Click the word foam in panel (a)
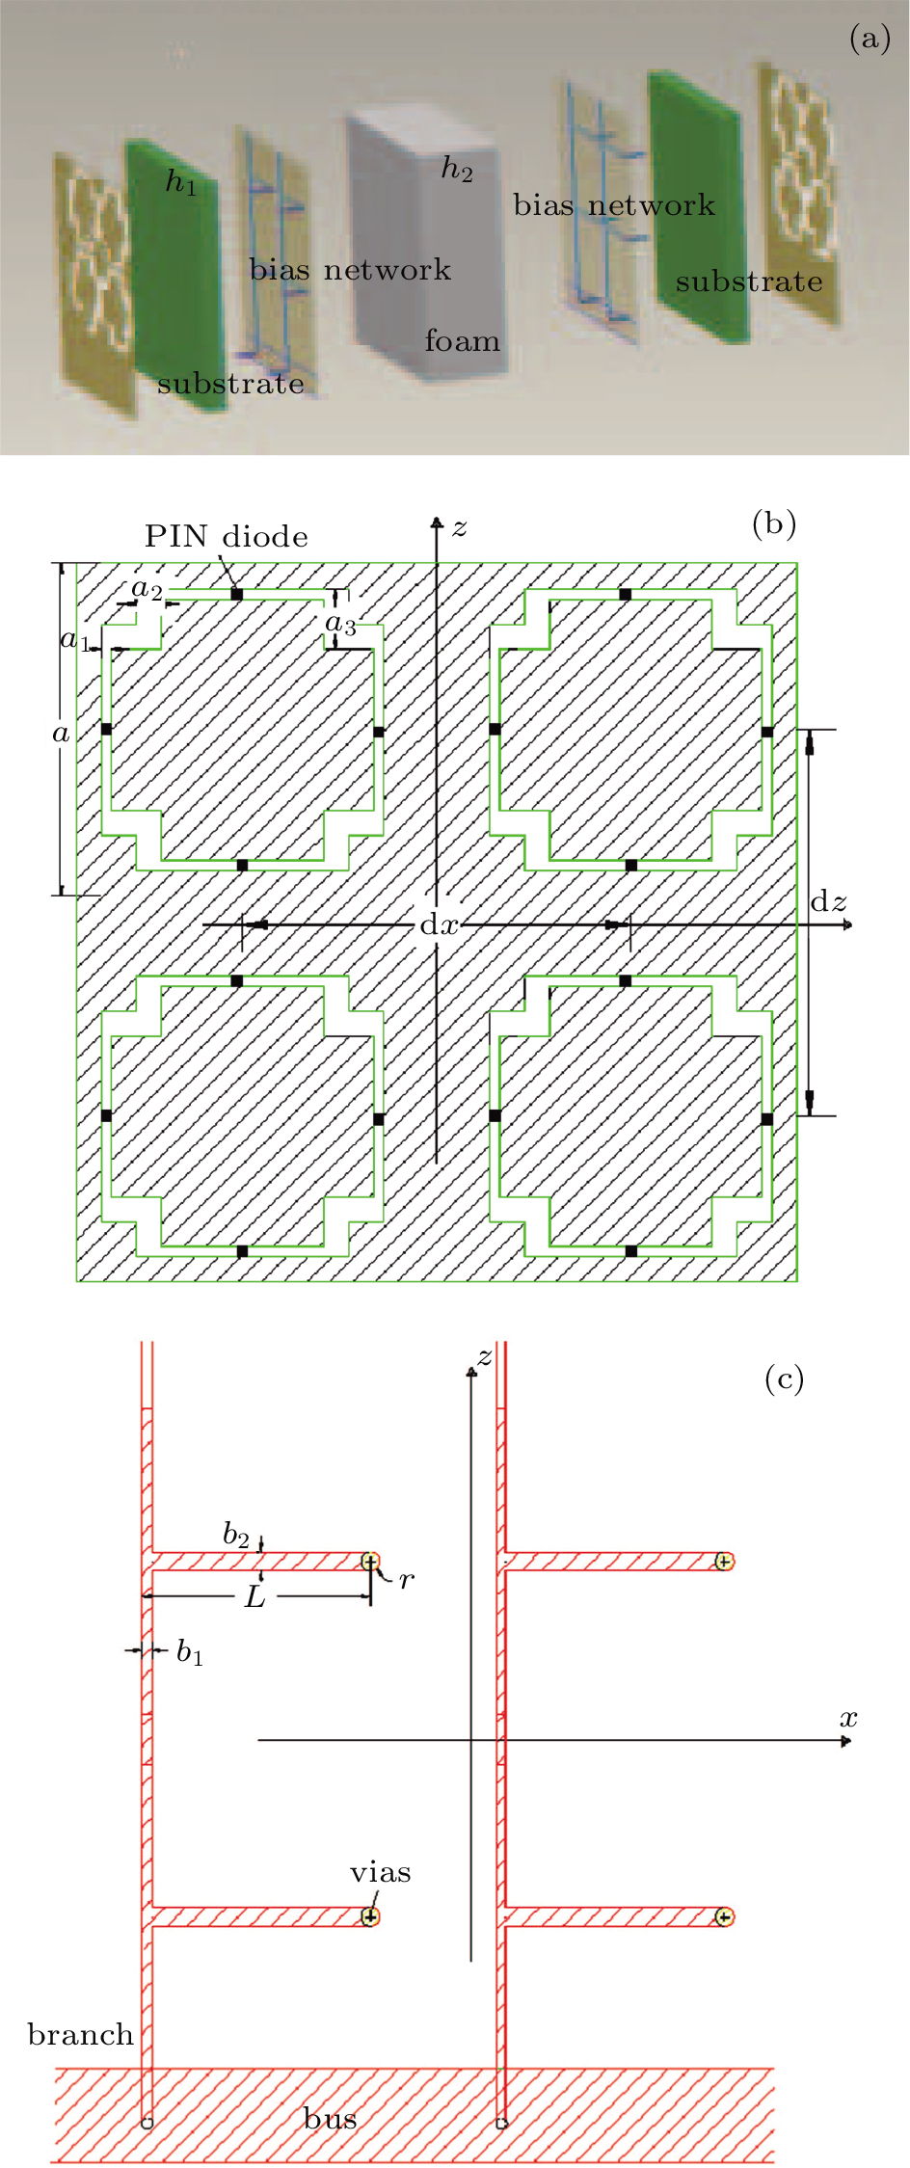(463, 341)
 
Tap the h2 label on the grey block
(457, 169)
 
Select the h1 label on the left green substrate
(181, 181)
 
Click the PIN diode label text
(227, 537)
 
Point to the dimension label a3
(340, 625)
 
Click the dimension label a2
(147, 588)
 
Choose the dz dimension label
(828, 902)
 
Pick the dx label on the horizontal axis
(439, 925)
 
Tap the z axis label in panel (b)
(460, 527)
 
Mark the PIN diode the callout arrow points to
(237, 595)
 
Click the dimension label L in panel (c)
(254, 1597)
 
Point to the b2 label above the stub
(236, 1534)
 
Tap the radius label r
(407, 1580)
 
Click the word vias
(380, 1872)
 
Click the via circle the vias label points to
(370, 1916)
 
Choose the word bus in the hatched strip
(330, 2119)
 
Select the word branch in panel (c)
(80, 2035)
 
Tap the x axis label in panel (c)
(848, 1718)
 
